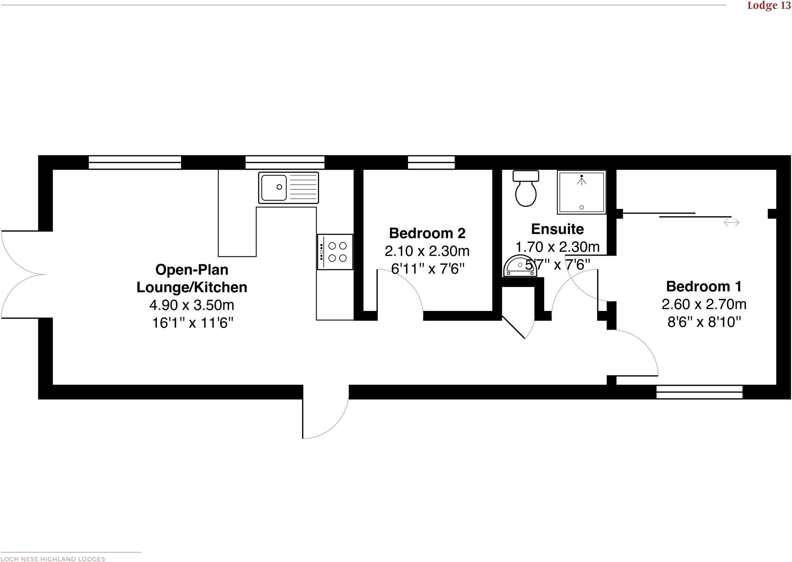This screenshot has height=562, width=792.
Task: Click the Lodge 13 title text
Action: point(769,6)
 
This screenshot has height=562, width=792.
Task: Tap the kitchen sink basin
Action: point(274,188)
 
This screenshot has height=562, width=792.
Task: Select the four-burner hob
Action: point(335,252)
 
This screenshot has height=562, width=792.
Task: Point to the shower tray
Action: point(582,192)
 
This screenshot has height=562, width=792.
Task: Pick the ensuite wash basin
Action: point(520,266)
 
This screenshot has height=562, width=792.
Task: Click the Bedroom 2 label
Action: point(427,233)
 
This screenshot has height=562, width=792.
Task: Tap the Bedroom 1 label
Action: point(704,287)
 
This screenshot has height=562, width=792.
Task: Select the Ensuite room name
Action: point(557,229)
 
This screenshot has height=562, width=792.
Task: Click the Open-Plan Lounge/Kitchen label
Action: point(192,278)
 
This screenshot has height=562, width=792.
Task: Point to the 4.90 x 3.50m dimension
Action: point(192,305)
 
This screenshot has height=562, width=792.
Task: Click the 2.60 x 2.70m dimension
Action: point(704,304)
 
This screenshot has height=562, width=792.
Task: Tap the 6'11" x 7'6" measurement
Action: point(427,269)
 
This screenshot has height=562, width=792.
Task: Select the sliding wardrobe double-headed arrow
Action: point(731,222)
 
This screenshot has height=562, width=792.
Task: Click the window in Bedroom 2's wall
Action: point(431,162)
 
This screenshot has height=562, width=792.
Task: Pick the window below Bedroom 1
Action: point(699,392)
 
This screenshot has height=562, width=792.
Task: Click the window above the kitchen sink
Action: point(285,162)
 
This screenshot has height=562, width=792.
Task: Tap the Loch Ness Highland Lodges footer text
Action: point(53,559)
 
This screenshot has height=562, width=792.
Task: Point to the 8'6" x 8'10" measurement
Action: point(704,322)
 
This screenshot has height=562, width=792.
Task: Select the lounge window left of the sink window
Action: point(135,162)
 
